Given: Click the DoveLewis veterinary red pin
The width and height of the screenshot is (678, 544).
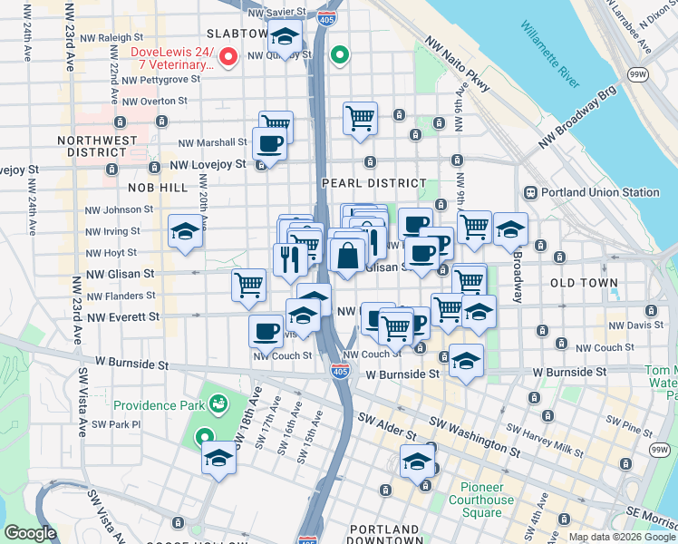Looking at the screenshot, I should [229, 58].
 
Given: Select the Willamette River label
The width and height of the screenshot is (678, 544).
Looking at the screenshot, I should [550, 56].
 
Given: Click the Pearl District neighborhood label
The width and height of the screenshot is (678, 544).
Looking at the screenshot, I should [373, 183].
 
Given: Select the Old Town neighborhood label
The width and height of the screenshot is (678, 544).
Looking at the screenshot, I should [584, 284].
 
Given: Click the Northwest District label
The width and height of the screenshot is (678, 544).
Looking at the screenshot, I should [96, 141].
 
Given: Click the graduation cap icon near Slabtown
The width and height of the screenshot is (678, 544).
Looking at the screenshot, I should [286, 39].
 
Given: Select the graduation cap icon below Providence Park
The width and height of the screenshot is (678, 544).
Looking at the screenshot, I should [218, 459].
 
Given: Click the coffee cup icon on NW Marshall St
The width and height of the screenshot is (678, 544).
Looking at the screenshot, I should [270, 143].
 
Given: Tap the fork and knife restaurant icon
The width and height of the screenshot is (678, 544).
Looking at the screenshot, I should [290, 259].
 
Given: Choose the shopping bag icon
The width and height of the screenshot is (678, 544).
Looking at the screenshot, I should [348, 256].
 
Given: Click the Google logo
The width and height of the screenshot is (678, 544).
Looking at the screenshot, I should [30, 533].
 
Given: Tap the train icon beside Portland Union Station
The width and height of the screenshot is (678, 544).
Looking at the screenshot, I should [530, 192].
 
